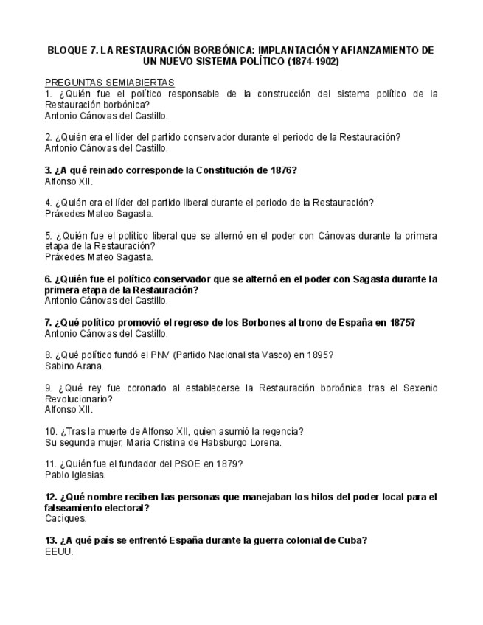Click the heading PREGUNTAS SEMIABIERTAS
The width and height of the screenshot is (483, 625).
pyautogui.click(x=109, y=83)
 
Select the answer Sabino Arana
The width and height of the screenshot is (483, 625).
pyautogui.click(x=74, y=366)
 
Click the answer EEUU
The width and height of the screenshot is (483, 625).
pyautogui.click(x=59, y=551)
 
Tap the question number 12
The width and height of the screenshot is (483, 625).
pyautogui.click(x=51, y=497)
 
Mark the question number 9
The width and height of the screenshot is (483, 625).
pyautogui.click(x=48, y=388)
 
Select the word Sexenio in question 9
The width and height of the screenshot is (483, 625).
pyautogui.click(x=418, y=388)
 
